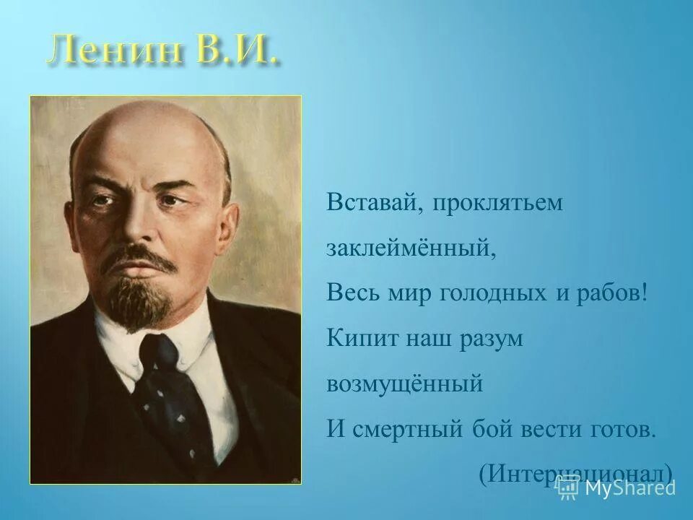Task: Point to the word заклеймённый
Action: coord(411,248)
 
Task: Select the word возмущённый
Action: coord(404,383)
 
